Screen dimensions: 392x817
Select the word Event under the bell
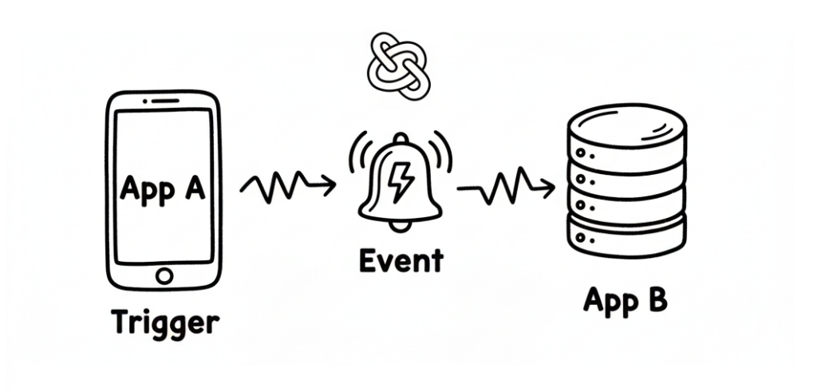401,260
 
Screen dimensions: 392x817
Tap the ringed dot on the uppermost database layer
583,152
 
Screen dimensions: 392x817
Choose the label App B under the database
625,301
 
